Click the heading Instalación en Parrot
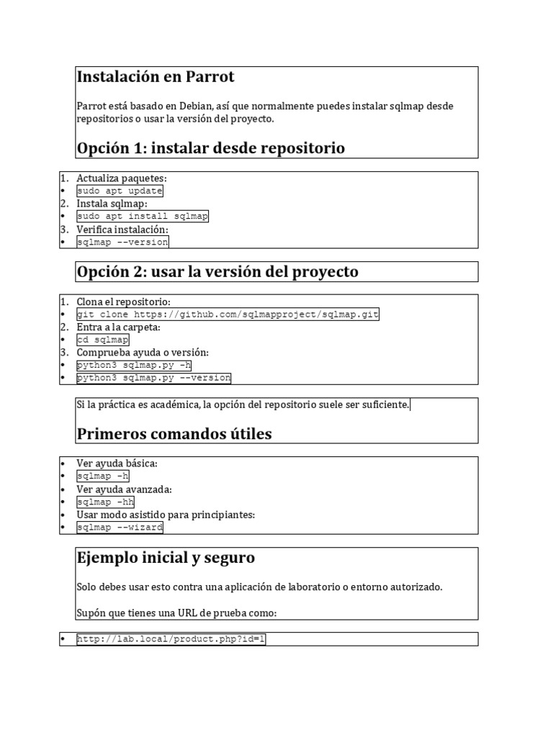coord(156,77)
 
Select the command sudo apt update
coord(120,191)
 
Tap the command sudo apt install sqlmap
coord(143,216)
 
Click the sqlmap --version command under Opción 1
coord(122,242)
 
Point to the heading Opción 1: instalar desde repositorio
coord(210,148)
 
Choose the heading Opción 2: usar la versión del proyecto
coord(217,271)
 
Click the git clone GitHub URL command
coord(228,315)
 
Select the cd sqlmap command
coord(103,340)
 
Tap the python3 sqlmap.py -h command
coord(134,365)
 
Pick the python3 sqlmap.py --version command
coord(153,378)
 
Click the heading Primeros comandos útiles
coord(174,434)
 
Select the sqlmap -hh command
coord(105,502)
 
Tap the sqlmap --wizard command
coord(120,527)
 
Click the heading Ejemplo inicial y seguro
coord(165,558)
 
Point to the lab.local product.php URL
coord(171,639)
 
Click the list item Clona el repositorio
coord(124,302)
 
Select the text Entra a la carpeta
coord(118,327)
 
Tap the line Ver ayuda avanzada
coord(124,489)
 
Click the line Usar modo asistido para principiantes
coord(166,515)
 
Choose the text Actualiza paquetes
coord(121,178)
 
